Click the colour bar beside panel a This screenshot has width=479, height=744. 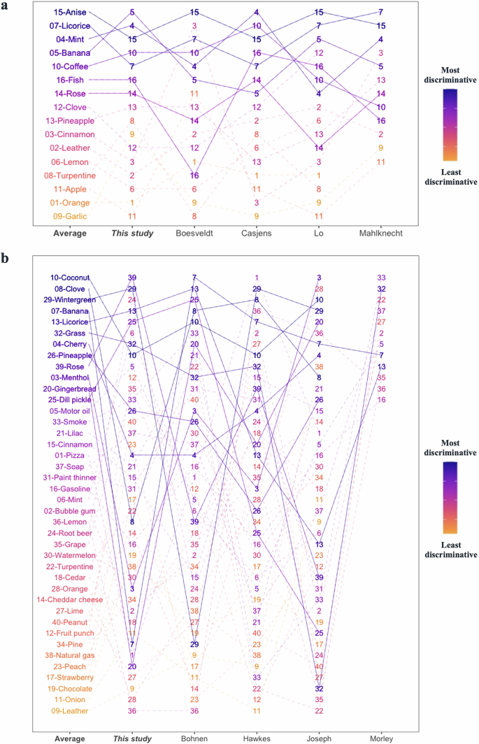click(x=450, y=122)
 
